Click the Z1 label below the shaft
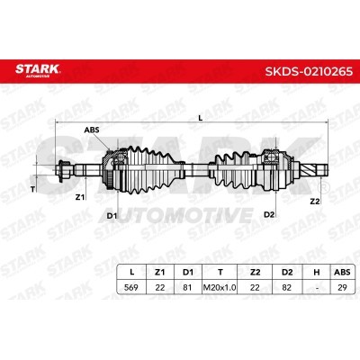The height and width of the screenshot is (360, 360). (x=79, y=195)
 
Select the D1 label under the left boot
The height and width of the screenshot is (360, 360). (x=112, y=215)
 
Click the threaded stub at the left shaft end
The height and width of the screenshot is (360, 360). (x=64, y=167)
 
